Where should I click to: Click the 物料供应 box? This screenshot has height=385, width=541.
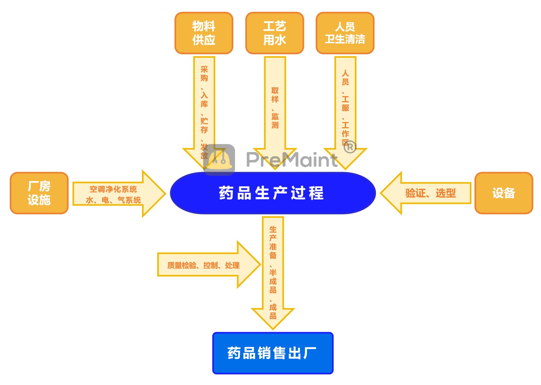click(204, 33)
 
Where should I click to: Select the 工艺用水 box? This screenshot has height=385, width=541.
click(274, 33)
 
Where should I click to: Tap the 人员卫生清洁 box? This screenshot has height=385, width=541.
click(345, 33)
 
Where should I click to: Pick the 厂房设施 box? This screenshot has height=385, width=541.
click(39, 193)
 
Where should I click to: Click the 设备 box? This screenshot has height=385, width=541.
click(504, 193)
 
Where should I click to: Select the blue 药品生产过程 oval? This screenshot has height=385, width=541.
click(273, 193)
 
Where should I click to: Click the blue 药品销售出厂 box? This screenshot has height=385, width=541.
click(273, 353)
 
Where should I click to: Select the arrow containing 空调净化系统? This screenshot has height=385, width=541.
click(114, 189)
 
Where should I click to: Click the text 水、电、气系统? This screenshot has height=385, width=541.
click(114, 200)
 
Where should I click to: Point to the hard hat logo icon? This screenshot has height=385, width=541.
click(219, 159)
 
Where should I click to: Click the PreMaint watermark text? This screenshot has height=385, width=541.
click(291, 160)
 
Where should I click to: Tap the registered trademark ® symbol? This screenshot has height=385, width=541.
click(350, 147)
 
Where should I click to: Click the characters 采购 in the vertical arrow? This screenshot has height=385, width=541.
click(204, 74)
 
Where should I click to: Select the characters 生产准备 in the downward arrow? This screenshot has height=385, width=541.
click(273, 242)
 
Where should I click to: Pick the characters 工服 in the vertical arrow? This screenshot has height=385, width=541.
click(345, 103)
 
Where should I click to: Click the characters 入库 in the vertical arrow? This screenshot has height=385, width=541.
click(204, 99)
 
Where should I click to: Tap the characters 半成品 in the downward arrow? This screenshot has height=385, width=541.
click(273, 281)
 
